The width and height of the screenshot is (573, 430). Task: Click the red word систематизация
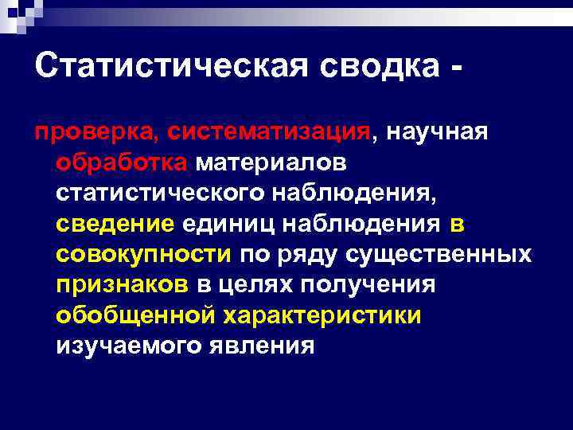(x=258, y=132)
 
